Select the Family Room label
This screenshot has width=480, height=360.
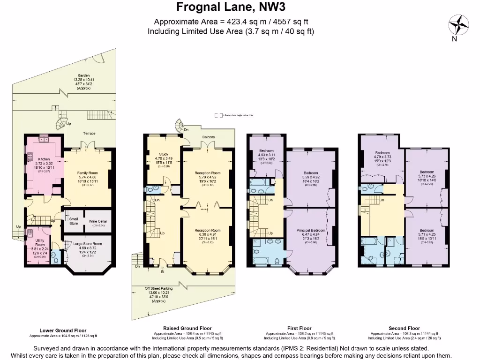(x=88, y=173)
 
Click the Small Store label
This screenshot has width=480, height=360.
(x=74, y=221)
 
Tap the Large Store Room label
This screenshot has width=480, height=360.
(x=88, y=243)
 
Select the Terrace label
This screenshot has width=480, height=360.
(x=90, y=133)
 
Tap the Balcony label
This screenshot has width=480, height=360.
(x=209, y=137)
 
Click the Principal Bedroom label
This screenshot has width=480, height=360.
(x=311, y=230)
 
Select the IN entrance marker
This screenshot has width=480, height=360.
(x=162, y=271)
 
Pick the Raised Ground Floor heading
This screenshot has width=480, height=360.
(x=187, y=328)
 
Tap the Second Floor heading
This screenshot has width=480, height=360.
(x=404, y=328)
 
